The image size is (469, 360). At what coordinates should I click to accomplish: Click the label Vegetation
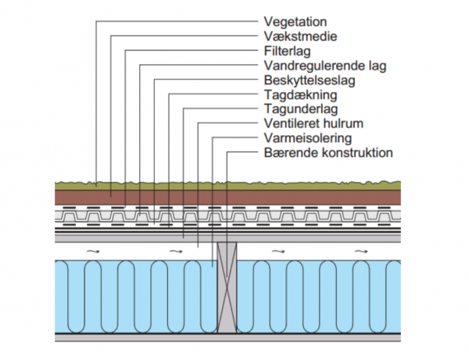pyautogui.click(x=295, y=22)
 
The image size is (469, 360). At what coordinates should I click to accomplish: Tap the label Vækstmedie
pyautogui.click(x=300, y=37)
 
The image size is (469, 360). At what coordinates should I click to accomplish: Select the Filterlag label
pyautogui.click(x=287, y=51)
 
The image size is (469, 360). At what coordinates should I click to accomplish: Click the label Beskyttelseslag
pyautogui.click(x=310, y=80)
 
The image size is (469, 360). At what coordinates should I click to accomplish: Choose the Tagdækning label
pyautogui.click(x=300, y=95)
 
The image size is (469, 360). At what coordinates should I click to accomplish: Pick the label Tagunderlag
pyautogui.click(x=301, y=109)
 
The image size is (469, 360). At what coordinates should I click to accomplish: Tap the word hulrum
pyautogui.click(x=342, y=123)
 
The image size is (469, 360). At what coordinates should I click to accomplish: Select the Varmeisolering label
pyautogui.click(x=308, y=138)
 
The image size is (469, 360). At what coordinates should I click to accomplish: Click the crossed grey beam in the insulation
pyautogui.click(x=227, y=287)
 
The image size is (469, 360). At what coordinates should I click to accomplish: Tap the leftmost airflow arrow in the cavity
pyautogui.click(x=93, y=251)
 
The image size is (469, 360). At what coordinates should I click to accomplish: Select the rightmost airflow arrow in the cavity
pyautogui.click(x=361, y=251)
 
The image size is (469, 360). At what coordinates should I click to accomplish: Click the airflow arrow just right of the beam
pyautogui.click(x=278, y=251)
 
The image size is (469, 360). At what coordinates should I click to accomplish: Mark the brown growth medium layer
pyautogui.click(x=227, y=198)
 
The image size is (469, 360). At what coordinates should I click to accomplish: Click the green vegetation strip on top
pyautogui.click(x=227, y=186)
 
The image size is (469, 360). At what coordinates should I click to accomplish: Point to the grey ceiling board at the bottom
pyautogui.click(x=227, y=337)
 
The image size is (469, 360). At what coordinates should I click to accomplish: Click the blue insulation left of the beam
pyautogui.click(x=136, y=297)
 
